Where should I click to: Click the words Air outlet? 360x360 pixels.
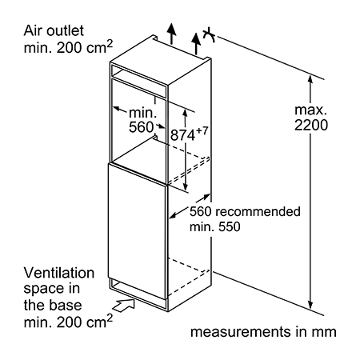(54, 30)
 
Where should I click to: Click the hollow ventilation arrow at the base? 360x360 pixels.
(124, 305)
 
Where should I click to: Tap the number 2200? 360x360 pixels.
(311, 125)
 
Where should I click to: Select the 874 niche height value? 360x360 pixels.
(182, 135)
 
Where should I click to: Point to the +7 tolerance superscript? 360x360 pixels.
(202, 131)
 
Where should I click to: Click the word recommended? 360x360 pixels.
(258, 211)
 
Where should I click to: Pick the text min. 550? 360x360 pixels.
(215, 226)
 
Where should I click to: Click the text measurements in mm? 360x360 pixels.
(263, 332)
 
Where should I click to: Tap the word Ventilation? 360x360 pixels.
(59, 273)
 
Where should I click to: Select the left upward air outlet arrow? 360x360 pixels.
(171, 34)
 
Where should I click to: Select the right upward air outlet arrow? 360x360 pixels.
(196, 44)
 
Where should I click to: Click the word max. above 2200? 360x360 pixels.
(311, 110)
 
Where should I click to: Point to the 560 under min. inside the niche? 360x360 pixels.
(141, 127)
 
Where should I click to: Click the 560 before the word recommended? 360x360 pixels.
(201, 211)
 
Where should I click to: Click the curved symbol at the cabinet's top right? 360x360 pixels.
(209, 34)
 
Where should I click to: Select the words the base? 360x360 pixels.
(53, 305)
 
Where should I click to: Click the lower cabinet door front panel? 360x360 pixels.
(138, 230)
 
